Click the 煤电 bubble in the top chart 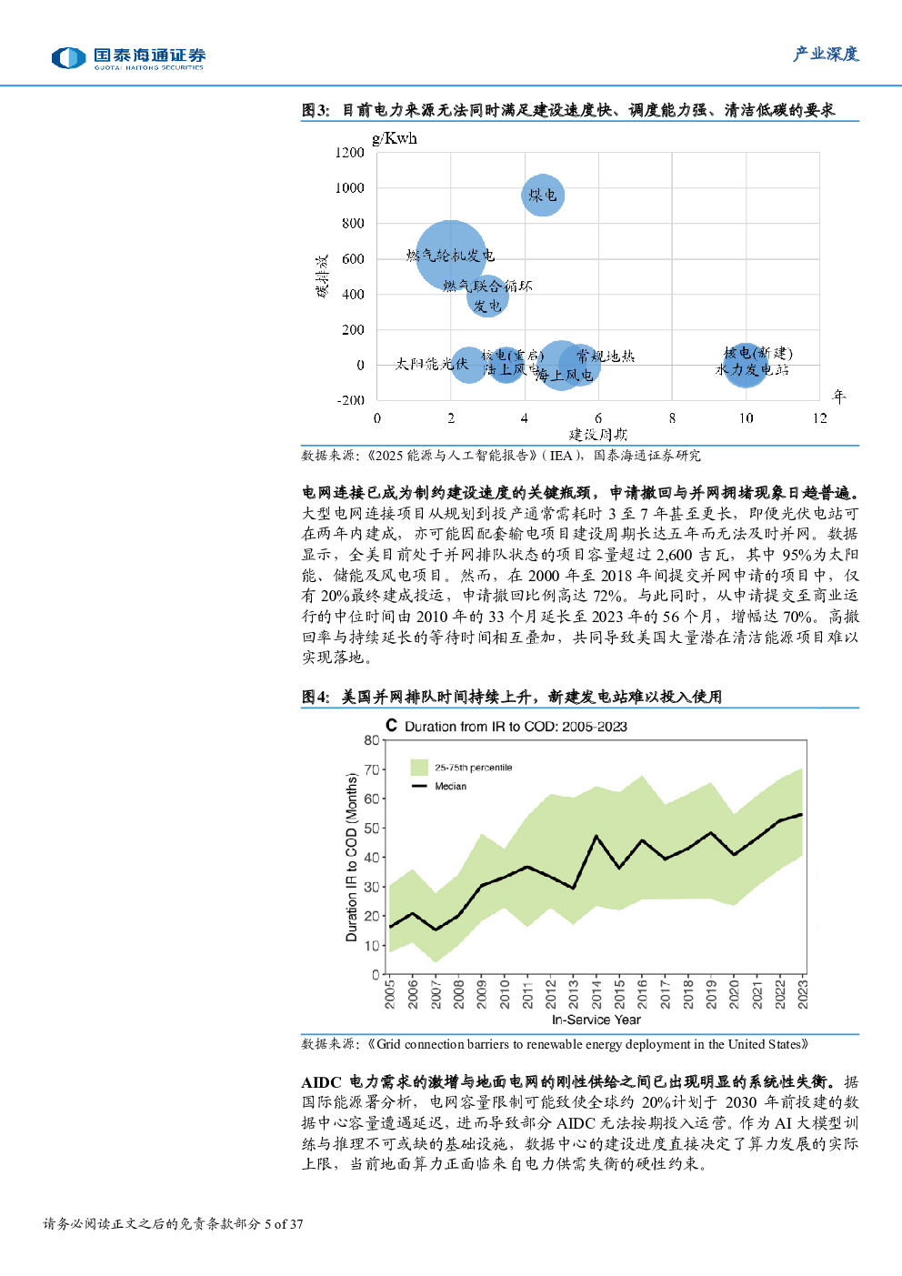(543, 195)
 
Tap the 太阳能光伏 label (431, 364)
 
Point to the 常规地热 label (606, 356)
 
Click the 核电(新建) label (758, 353)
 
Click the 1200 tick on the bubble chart (350, 153)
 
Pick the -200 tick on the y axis (350, 400)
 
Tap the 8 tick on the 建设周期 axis (672, 418)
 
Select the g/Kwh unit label (395, 138)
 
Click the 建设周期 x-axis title (598, 435)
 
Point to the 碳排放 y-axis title (322, 276)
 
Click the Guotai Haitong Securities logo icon (69, 58)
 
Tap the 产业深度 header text (826, 55)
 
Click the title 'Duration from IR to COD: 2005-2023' (516, 727)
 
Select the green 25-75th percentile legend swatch (419, 768)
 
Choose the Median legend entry (449, 787)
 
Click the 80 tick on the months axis (371, 740)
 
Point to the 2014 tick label (596, 993)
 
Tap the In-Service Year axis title (596, 1020)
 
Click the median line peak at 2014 (596, 836)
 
